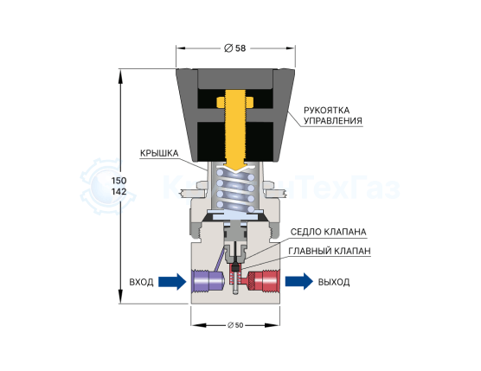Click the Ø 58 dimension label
click(235, 48)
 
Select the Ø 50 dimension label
click(235, 325)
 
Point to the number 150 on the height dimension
click(119, 180)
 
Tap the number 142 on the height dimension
click(119, 191)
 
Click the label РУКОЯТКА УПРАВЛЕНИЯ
click(333, 115)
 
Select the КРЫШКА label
click(159, 153)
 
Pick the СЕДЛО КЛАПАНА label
click(328, 232)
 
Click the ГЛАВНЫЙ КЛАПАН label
click(330, 251)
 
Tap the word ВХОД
click(141, 282)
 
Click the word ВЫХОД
click(334, 282)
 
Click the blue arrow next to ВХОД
click(172, 281)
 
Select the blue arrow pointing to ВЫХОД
click(299, 281)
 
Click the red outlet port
click(264, 280)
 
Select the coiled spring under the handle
click(235, 189)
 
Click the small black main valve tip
click(235, 267)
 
